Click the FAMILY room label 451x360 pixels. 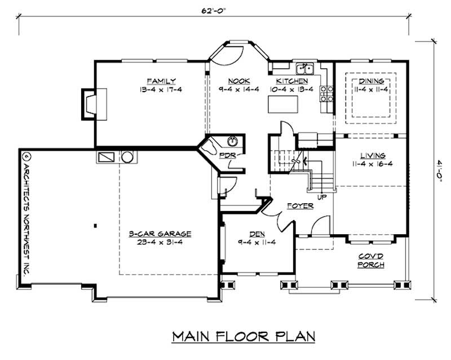coord(161,81)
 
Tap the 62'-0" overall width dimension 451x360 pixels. coord(214,11)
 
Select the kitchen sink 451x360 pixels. coord(305,69)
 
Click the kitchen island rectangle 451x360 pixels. coord(283,104)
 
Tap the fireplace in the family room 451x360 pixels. coord(94,104)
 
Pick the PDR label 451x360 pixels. coord(228,155)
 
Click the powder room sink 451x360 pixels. coord(232,142)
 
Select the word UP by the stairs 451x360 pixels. coord(322,197)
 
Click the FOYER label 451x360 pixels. coord(300,206)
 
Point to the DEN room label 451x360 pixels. coord(257,234)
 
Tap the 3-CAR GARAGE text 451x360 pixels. coord(160,234)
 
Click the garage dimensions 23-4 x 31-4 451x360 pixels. coord(160,242)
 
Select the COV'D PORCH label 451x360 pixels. coord(371,260)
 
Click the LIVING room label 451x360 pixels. coord(373,156)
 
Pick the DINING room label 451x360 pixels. coord(371,81)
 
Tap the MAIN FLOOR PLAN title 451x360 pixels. coord(244,336)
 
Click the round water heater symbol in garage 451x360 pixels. coord(127,157)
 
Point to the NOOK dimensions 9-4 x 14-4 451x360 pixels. coord(238,90)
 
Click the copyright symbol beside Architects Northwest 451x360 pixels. coord(26,157)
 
